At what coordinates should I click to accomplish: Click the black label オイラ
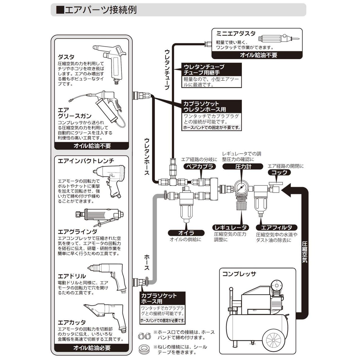pos(186,233)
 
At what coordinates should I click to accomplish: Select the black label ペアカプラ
pos(200,166)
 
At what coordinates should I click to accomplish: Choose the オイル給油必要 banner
pos(92,348)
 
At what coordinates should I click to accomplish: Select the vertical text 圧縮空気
pos(305,252)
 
